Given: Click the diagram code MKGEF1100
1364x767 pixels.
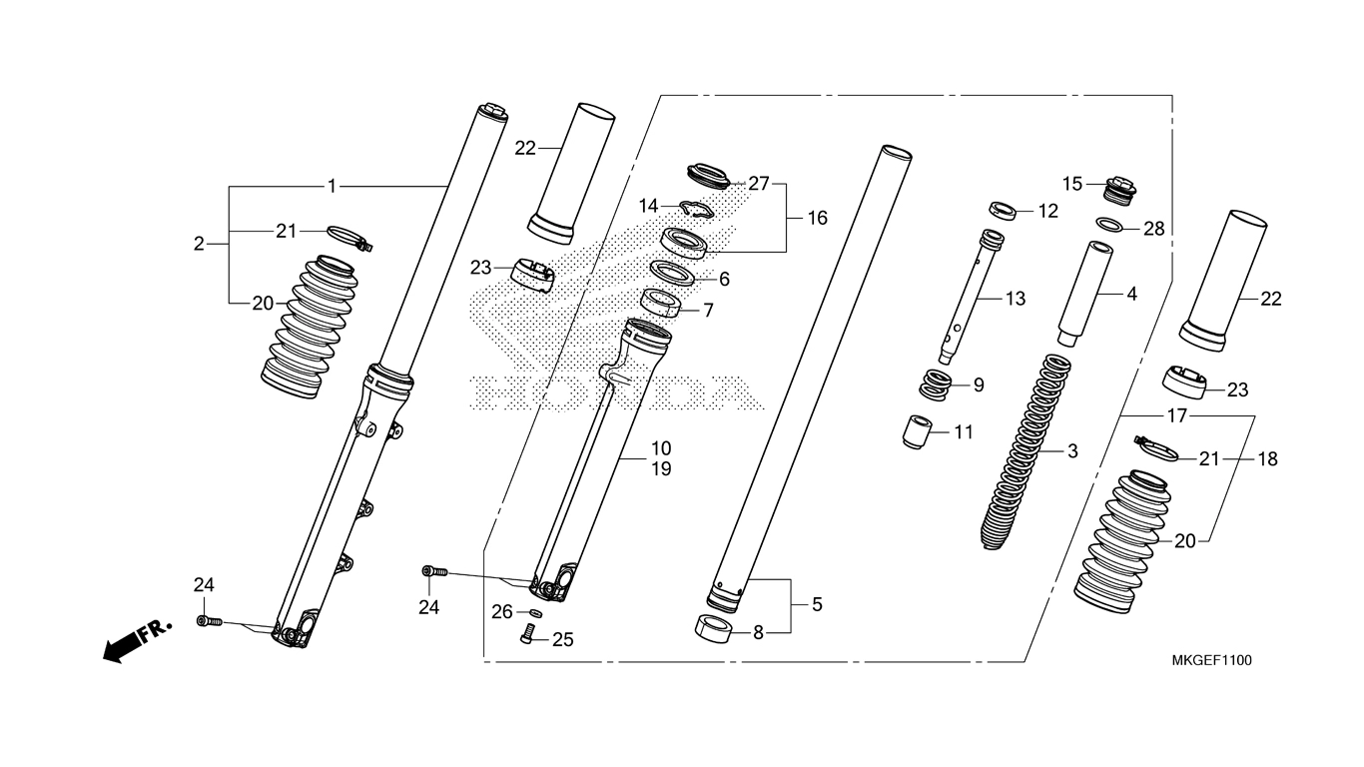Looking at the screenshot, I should pos(1212,660).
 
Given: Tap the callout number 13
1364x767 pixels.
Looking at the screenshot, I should pos(1016,298).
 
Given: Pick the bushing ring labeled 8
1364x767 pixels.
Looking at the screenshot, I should pos(713,631).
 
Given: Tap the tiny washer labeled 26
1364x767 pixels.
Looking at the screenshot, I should pos(535,612).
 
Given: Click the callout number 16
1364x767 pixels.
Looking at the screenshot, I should pos(817,218).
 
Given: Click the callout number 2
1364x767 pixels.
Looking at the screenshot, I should pos(199,243).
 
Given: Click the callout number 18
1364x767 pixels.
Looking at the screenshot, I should pos(1268,459).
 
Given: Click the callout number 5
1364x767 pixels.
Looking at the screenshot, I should pos(817,604).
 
